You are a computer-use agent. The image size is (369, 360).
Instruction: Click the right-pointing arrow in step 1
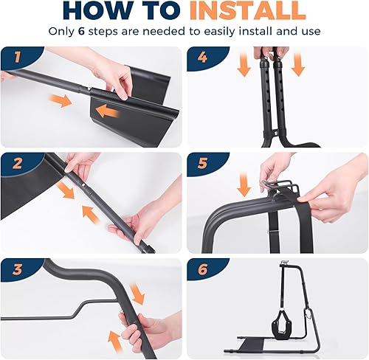tap(63, 100)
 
